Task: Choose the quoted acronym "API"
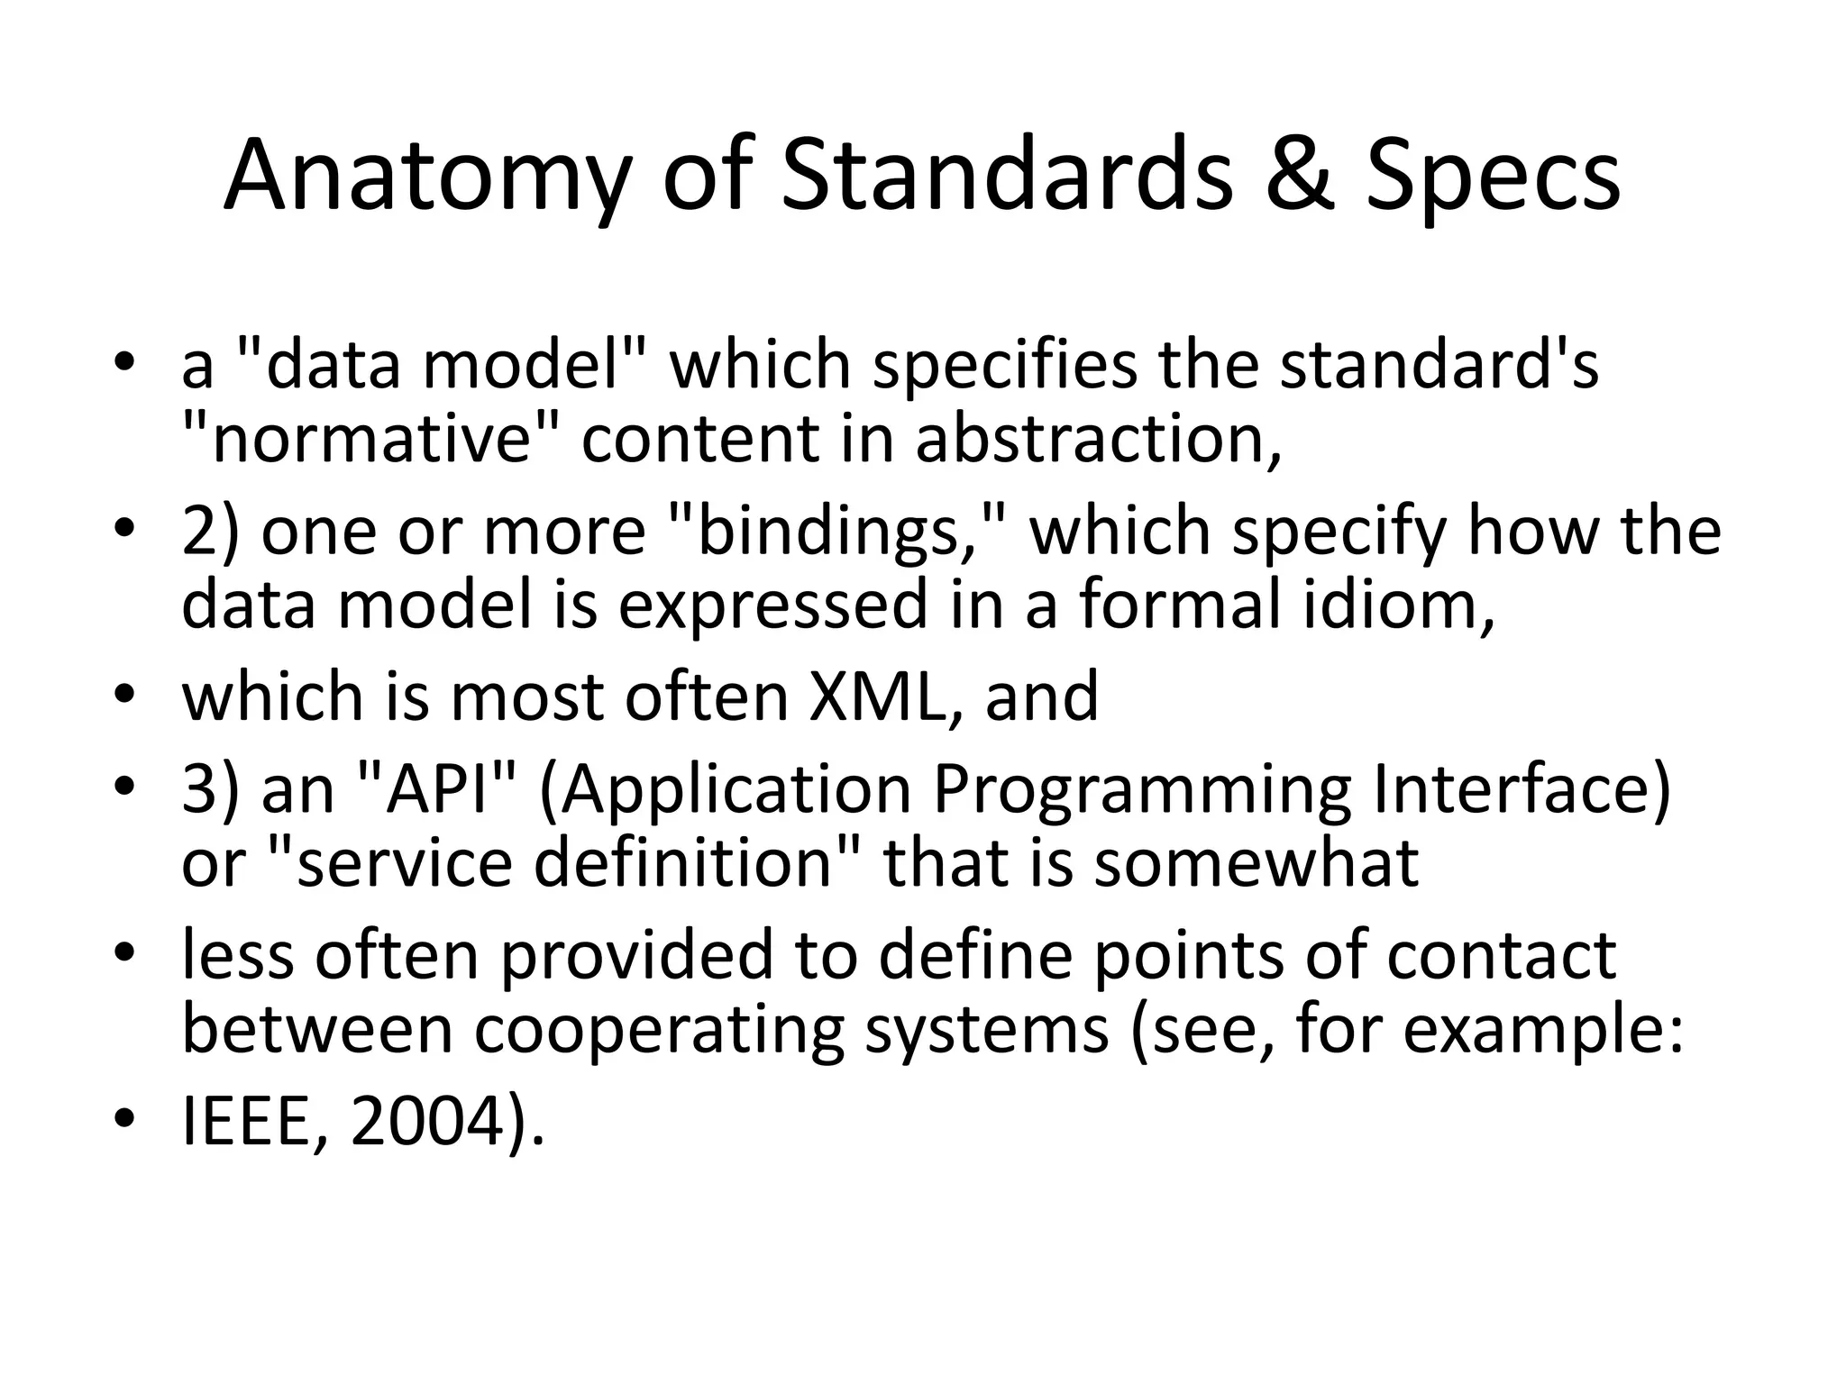pos(430,789)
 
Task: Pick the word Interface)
pos(1521,789)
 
